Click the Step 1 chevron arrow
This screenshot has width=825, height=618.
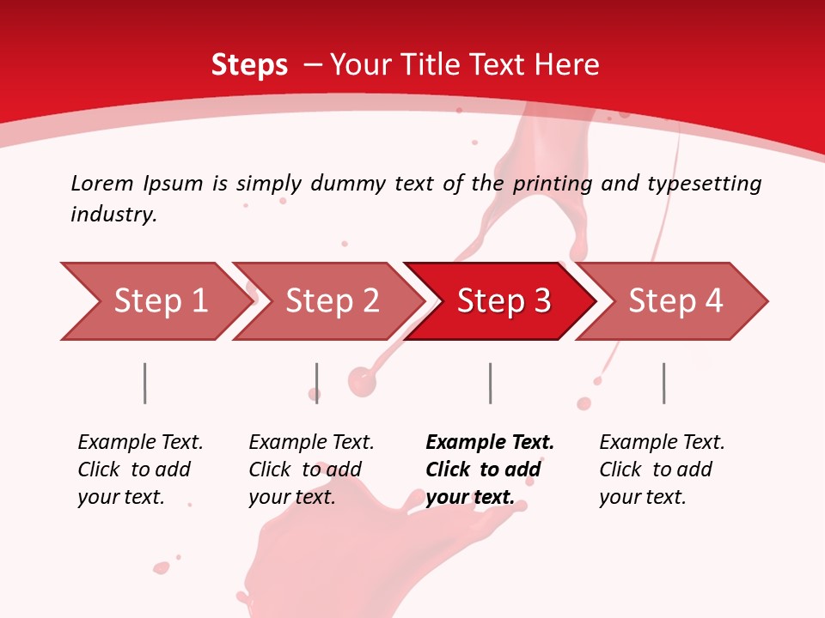point(155,301)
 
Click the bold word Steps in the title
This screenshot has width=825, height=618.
point(249,65)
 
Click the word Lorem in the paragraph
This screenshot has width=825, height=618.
point(101,184)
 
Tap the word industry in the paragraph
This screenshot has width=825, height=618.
point(113,215)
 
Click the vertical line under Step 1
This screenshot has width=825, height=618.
point(145,383)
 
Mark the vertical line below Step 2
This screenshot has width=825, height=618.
point(317,383)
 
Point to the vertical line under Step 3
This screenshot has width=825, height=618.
point(490,383)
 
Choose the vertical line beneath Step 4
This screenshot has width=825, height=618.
point(663,383)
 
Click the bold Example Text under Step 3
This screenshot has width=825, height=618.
point(490,443)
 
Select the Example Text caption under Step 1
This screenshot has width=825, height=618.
point(140,443)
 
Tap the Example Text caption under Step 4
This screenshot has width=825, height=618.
point(662,443)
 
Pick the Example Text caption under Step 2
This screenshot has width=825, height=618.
point(311,443)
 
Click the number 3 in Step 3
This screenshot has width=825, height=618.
point(541,301)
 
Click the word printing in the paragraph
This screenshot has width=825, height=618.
point(553,184)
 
